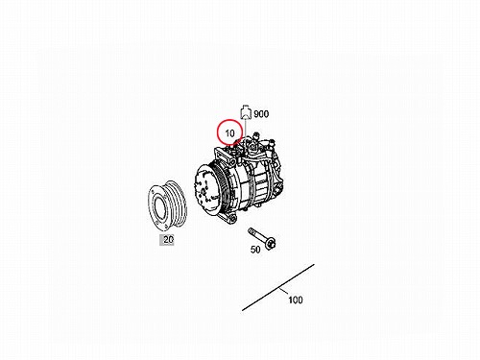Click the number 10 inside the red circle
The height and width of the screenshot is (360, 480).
(229, 132)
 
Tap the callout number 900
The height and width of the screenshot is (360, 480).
(261, 114)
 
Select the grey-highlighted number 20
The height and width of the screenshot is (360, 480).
(168, 239)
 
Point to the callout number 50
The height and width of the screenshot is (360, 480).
(255, 250)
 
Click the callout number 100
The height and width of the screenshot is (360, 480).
(296, 300)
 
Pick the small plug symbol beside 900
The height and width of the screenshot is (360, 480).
(245, 111)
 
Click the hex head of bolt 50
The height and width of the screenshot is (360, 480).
(271, 245)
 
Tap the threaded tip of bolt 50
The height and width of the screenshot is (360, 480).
(250, 230)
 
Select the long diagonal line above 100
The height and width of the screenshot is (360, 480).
(278, 287)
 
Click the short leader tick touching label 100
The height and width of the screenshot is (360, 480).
(283, 291)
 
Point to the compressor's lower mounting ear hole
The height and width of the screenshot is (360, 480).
(232, 219)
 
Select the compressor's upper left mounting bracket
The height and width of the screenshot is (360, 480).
(225, 156)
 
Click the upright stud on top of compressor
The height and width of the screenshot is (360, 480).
(255, 135)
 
